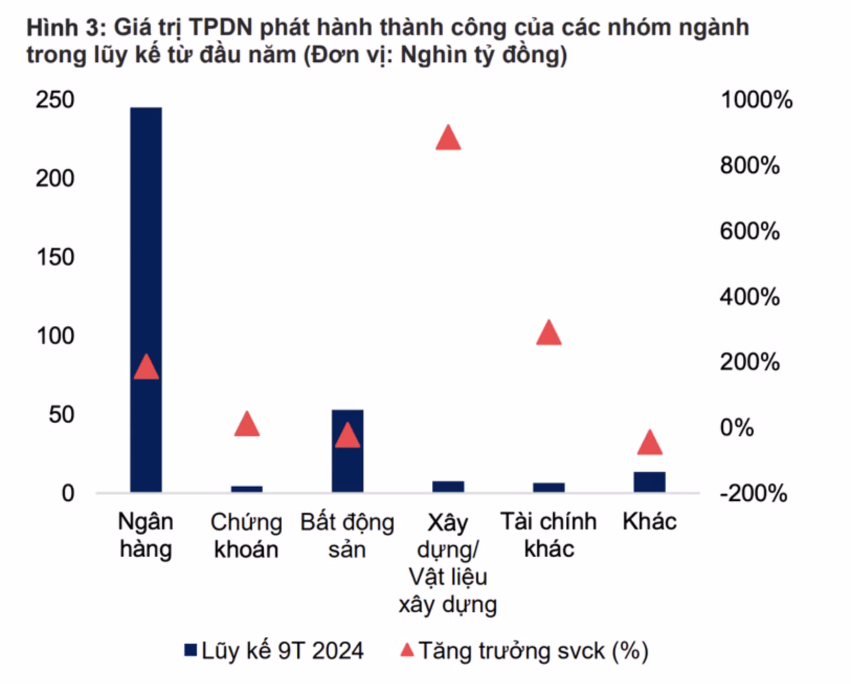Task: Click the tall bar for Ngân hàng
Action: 146,236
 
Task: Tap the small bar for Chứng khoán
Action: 247,489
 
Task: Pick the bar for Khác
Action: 650,482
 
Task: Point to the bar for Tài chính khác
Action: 548,487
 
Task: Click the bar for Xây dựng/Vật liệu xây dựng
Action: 448,487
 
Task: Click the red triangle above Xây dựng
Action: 448,139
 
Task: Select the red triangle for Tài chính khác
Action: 548,333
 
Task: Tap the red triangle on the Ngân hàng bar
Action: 146,367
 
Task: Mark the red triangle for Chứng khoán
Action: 247,425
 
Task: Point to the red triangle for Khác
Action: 650,443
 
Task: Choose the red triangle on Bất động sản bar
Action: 348,436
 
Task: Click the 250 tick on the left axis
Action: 55,100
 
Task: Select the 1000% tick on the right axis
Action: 756,100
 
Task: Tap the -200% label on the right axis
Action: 753,493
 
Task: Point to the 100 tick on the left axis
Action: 55,336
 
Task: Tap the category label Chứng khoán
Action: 246,535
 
